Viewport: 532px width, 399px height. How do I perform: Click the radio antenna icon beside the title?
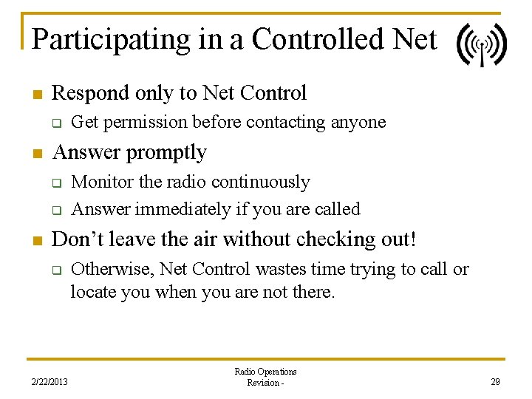pyautogui.click(x=482, y=45)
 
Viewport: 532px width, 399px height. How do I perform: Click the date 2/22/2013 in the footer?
pyautogui.click(x=50, y=381)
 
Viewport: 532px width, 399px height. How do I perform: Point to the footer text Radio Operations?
pyautogui.click(x=265, y=372)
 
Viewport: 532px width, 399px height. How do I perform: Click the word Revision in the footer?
pyautogui.click(x=262, y=383)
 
